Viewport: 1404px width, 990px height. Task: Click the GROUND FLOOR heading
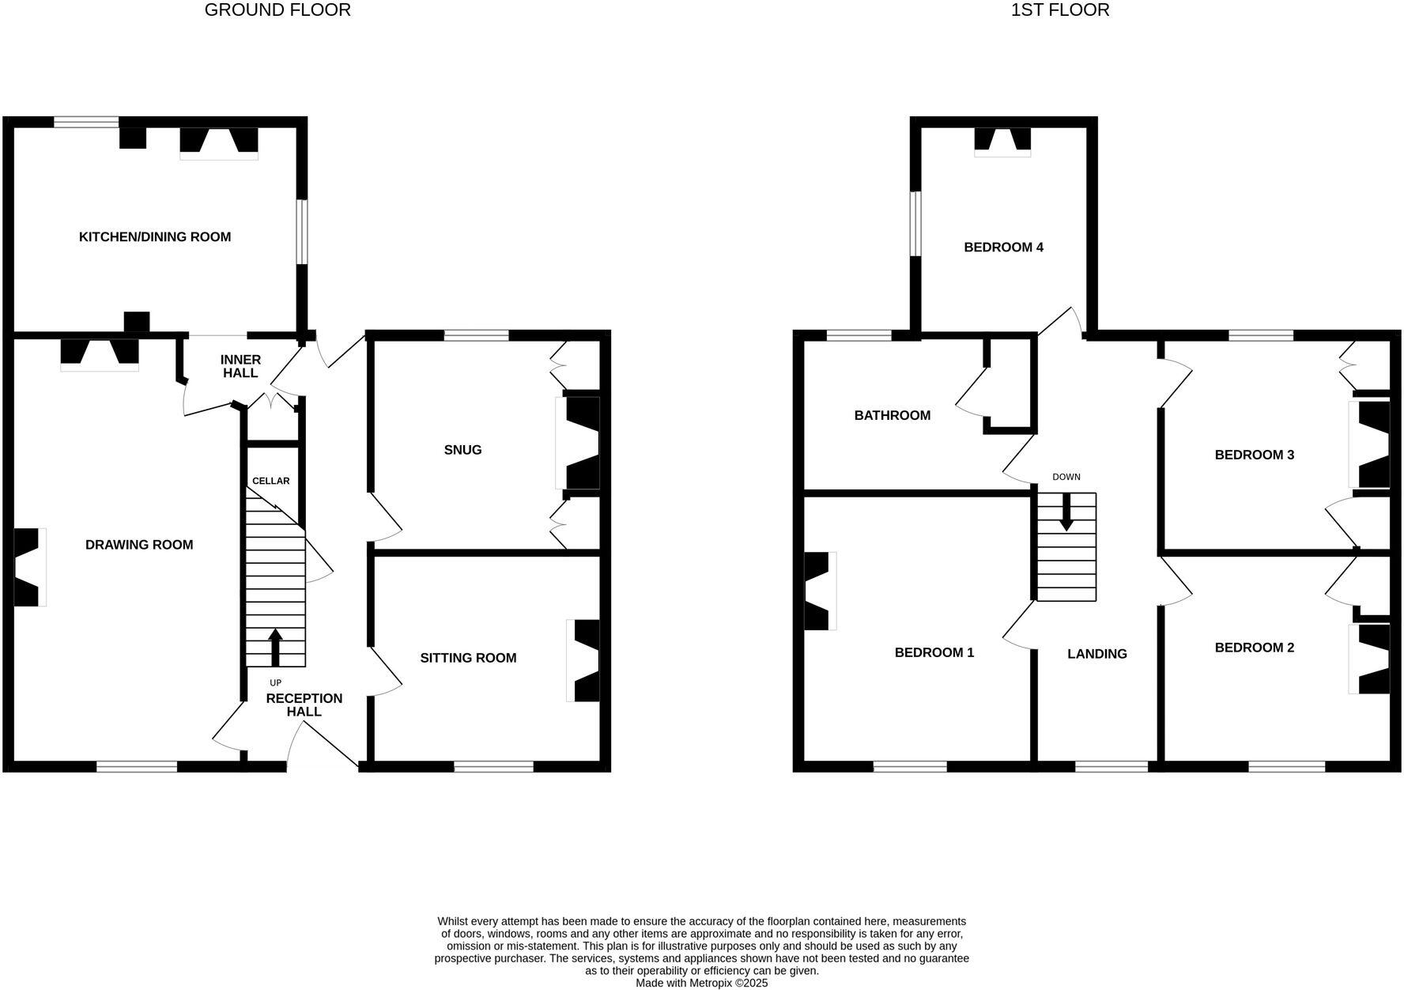(277, 10)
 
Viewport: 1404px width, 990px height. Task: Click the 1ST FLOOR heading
(1059, 10)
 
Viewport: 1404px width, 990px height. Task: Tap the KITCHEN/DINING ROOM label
(155, 236)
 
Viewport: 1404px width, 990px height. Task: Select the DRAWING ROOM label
(139, 544)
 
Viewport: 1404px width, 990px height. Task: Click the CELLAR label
(270, 481)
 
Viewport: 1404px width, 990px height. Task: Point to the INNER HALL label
(240, 366)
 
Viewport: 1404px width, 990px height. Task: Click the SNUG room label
(462, 449)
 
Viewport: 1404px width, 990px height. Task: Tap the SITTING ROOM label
(468, 657)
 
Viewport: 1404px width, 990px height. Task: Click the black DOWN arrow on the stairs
(1066, 512)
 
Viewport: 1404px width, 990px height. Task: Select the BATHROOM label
(892, 415)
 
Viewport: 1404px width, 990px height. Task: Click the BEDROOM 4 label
(1003, 247)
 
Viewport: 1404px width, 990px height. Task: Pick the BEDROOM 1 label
(934, 652)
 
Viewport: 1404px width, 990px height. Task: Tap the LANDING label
(1096, 653)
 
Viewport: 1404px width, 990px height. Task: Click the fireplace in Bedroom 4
(1002, 140)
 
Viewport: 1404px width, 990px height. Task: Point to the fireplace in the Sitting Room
(584, 660)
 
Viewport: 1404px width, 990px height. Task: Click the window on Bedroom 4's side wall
(915, 224)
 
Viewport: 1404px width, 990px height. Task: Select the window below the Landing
(1111, 766)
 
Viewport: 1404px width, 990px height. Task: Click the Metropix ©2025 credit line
(701, 983)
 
